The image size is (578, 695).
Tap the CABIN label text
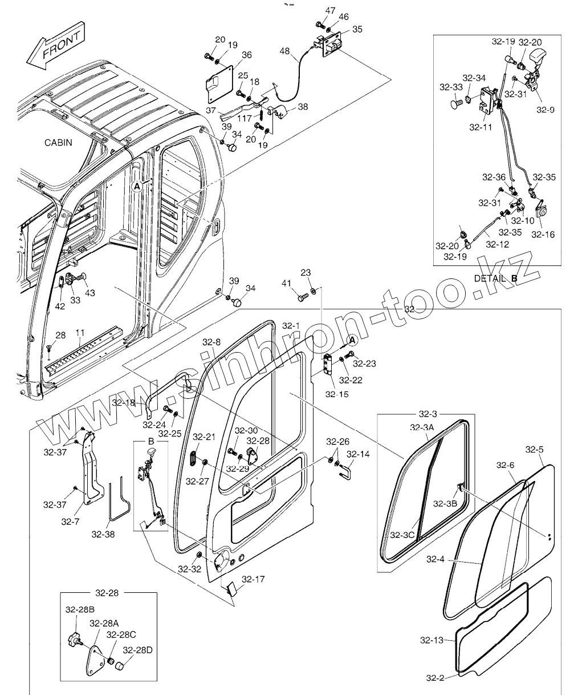59,143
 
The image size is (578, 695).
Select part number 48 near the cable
284,51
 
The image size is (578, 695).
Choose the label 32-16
542,234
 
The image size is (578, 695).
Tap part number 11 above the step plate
80,333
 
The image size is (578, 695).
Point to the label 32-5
534,450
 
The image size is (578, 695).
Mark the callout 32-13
432,640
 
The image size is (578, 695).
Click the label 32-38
103,534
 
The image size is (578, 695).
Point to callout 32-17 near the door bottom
253,580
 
